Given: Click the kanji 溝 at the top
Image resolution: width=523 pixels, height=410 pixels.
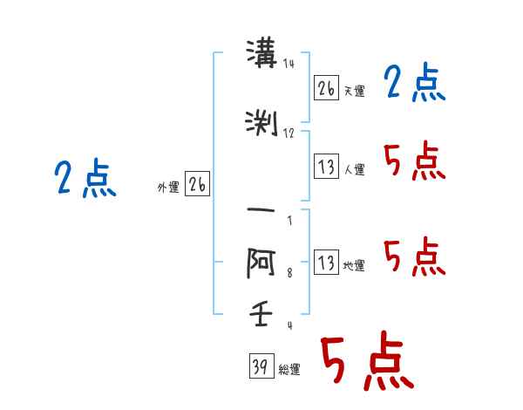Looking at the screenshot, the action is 261,53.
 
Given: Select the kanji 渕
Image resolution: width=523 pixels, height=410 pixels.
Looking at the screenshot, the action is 261,123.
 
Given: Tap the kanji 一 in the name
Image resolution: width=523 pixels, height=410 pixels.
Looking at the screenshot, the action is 261,210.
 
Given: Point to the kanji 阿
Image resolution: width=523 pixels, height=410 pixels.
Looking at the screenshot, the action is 261,263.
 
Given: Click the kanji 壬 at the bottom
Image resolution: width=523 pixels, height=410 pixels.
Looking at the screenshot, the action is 261,313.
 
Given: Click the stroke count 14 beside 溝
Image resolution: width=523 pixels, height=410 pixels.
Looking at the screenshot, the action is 289,63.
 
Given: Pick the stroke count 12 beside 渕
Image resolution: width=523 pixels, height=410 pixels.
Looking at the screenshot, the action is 289,133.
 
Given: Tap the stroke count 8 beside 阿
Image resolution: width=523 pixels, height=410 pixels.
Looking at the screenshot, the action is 289,273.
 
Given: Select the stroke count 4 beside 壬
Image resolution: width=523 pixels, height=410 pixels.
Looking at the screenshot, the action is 290,325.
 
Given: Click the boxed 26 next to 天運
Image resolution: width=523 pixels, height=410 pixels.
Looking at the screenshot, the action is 326,88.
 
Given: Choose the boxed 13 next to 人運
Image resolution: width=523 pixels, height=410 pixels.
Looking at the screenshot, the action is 326,166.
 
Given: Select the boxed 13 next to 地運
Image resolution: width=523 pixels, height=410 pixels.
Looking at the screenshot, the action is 326,262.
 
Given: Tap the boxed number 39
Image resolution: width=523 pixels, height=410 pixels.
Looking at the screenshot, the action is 261,366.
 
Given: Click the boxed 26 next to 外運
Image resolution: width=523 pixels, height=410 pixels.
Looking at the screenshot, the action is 198,184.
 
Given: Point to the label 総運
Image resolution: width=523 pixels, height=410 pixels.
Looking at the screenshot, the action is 289,370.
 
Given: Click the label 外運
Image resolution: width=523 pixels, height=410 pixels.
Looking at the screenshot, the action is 168,188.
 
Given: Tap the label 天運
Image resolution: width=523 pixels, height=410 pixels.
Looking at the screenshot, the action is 354,91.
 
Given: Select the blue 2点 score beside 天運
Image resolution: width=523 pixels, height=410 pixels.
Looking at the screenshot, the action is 415,82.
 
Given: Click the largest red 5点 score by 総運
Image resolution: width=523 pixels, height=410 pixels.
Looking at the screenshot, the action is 367,360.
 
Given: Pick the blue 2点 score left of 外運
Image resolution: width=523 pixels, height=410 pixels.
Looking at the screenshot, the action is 85,179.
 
